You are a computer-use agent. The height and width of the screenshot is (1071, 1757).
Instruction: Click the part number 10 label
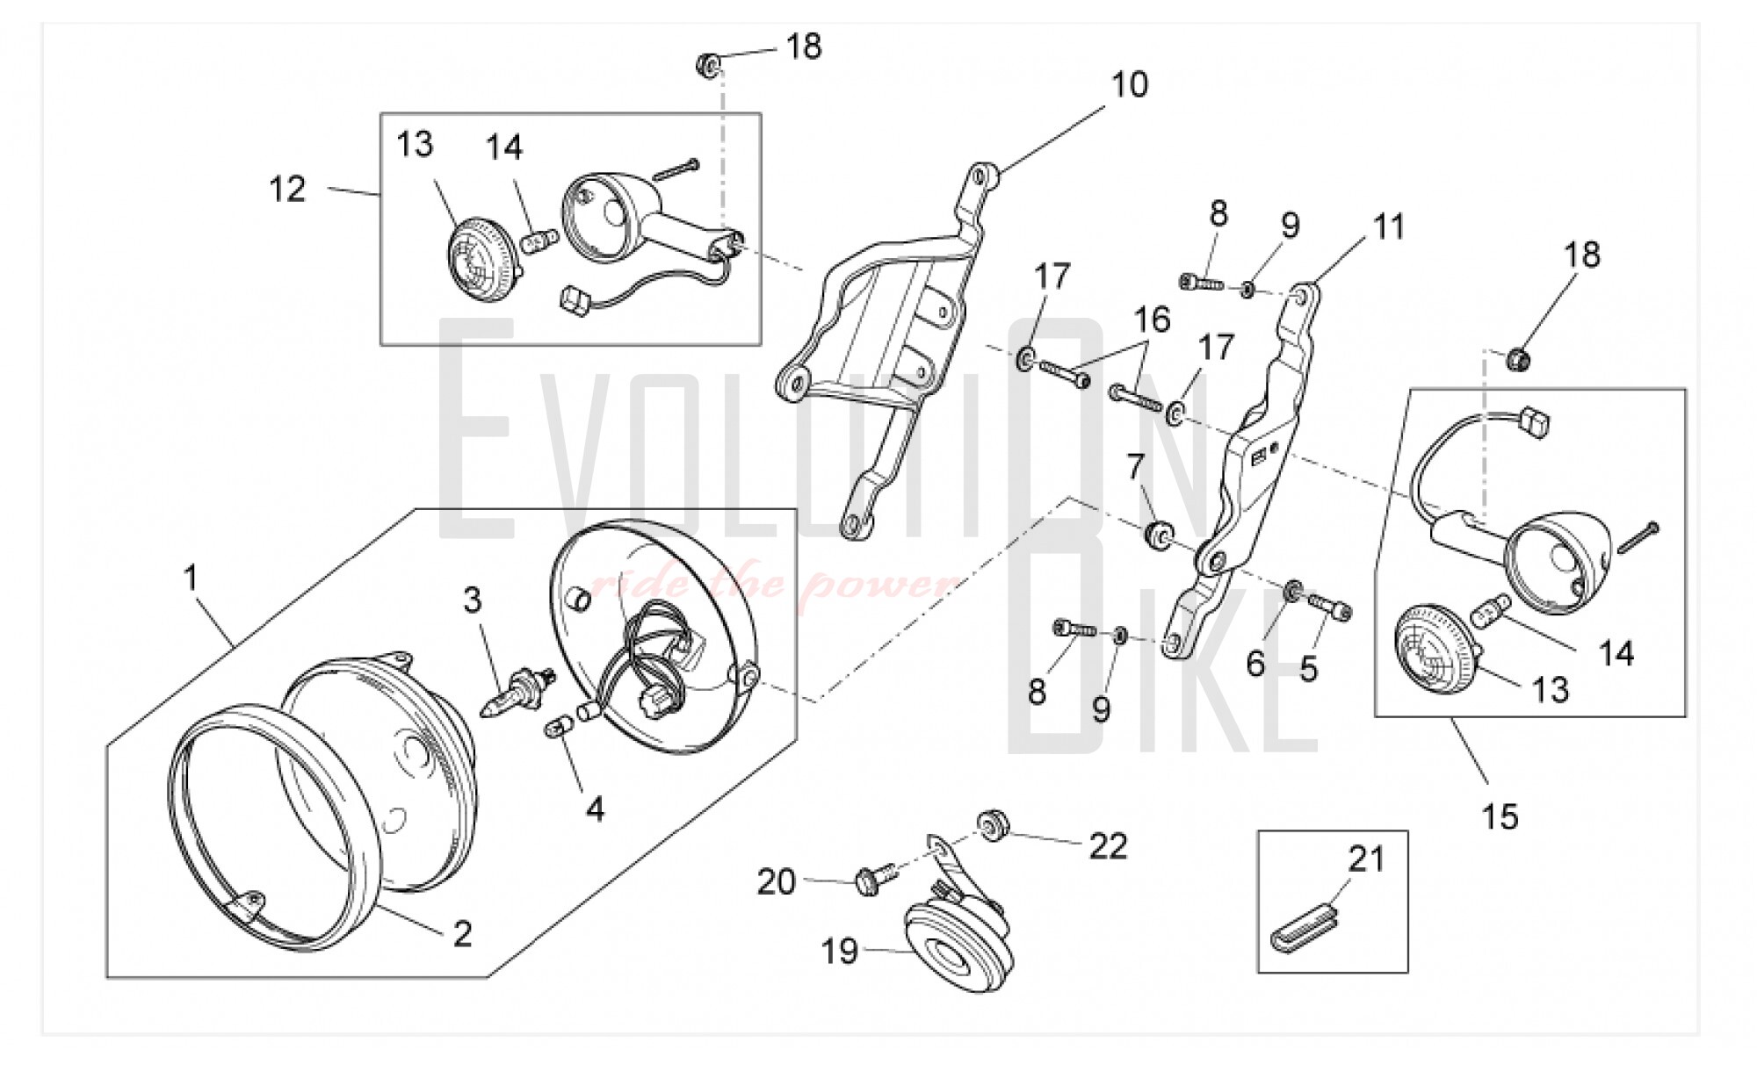[1130, 85]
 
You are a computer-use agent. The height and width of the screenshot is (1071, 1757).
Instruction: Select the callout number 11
[1389, 226]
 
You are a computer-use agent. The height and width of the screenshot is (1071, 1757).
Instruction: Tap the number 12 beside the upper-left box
[288, 189]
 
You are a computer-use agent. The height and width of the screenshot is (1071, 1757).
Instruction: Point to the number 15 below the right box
[1500, 816]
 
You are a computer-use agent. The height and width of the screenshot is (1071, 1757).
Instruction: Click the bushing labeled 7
[1159, 535]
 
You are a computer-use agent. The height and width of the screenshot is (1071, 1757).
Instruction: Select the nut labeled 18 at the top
[709, 64]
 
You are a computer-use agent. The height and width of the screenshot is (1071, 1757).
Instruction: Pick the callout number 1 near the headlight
[191, 578]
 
